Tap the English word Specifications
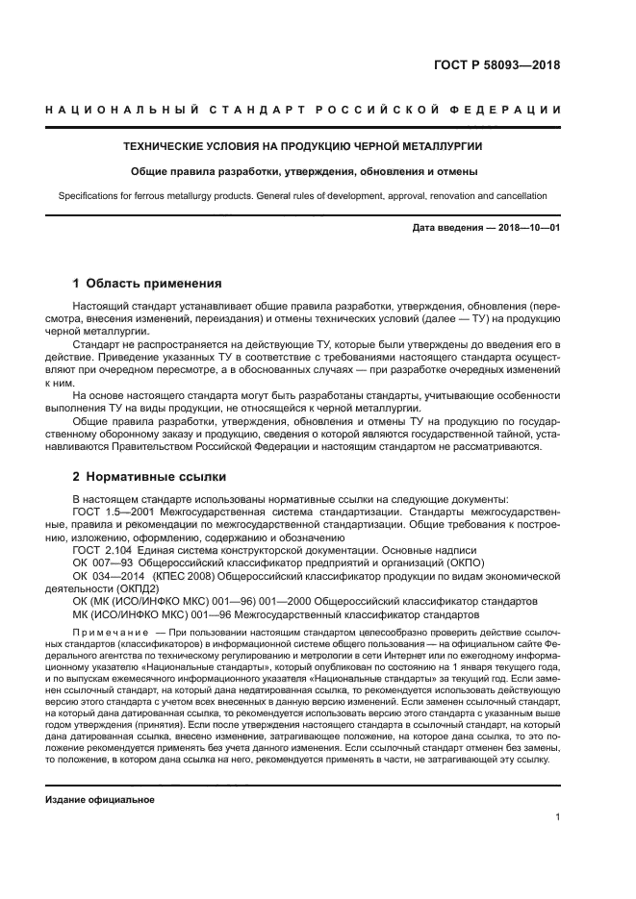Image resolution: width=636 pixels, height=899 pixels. [x=90, y=196]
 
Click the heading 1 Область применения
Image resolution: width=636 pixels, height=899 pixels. [x=147, y=284]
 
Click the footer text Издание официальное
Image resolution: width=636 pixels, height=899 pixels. [x=100, y=799]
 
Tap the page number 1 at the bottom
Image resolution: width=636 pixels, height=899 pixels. [x=558, y=817]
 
